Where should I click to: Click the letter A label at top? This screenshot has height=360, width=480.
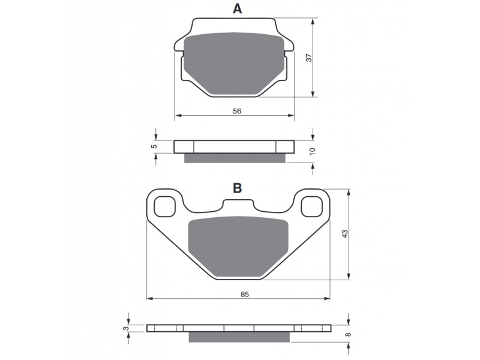tap(237, 8)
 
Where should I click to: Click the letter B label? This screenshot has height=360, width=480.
tap(237, 188)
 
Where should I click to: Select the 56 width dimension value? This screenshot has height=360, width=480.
tap(237, 111)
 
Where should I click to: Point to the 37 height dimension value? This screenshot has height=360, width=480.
tap(309, 58)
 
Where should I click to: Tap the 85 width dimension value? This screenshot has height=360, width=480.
tap(245, 294)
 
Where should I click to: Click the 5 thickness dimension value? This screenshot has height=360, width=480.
tap(155, 146)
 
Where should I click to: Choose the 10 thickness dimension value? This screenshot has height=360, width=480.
tap(312, 151)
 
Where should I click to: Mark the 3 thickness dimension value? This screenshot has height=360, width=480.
tap(125, 328)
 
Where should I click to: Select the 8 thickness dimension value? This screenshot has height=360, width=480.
tap(347, 334)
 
